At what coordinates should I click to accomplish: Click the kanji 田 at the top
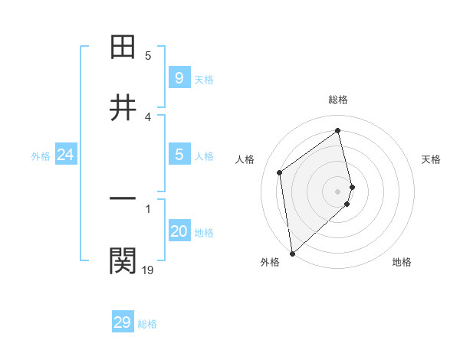tap(123, 47)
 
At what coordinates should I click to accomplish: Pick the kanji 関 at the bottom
tap(123, 260)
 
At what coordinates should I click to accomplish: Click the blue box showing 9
tap(179, 77)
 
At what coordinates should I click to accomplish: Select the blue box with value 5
tap(179, 155)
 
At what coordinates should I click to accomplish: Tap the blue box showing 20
tap(179, 231)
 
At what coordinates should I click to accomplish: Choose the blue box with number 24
tap(65, 155)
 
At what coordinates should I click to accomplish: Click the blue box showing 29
tap(123, 322)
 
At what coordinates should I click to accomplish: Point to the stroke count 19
tap(148, 270)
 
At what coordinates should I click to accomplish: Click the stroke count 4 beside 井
tap(148, 116)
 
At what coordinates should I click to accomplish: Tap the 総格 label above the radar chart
tap(338, 100)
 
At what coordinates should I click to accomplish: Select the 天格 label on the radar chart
tap(431, 159)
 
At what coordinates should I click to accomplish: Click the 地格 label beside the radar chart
tap(402, 262)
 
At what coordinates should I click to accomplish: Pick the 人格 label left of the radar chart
tap(245, 159)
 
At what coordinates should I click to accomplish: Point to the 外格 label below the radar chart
tap(269, 262)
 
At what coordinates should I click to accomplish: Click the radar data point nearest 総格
tap(338, 131)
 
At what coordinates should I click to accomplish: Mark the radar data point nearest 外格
tap(292, 253)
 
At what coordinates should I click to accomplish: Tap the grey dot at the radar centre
tap(338, 191)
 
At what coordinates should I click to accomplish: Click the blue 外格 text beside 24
tap(41, 156)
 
